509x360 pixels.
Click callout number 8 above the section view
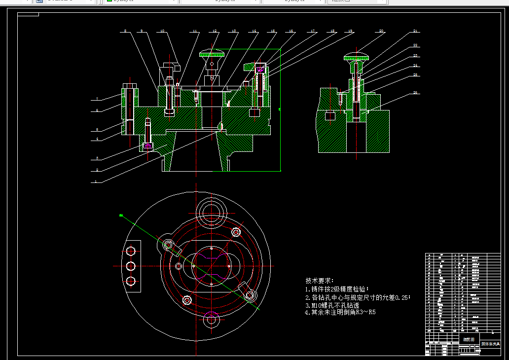pos(125,31)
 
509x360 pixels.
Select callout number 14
pos(254,31)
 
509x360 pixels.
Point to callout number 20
pos(381,31)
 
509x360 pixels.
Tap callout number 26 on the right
pos(416,93)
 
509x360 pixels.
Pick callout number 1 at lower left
pos(97,181)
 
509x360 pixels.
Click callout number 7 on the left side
pos(97,99)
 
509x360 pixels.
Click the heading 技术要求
pos(320,280)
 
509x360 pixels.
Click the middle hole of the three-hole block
pos(131,266)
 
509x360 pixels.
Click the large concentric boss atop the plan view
pos(211,211)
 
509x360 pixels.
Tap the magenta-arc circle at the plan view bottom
pos(212,320)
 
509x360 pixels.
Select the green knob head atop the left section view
pos(212,53)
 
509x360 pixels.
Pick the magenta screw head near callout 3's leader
pos(147,146)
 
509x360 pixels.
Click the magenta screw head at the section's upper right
pos(259,69)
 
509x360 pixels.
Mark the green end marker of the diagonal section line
pos(120,215)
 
